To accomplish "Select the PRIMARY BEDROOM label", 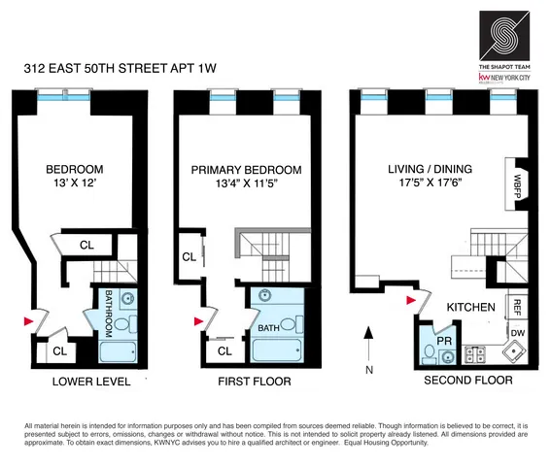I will pyautogui.click(x=246, y=169).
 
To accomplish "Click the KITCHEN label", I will pyautogui.click(x=471, y=307).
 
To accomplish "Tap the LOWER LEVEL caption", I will pyautogui.click(x=90, y=382).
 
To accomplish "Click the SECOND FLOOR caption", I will pyautogui.click(x=467, y=382).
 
